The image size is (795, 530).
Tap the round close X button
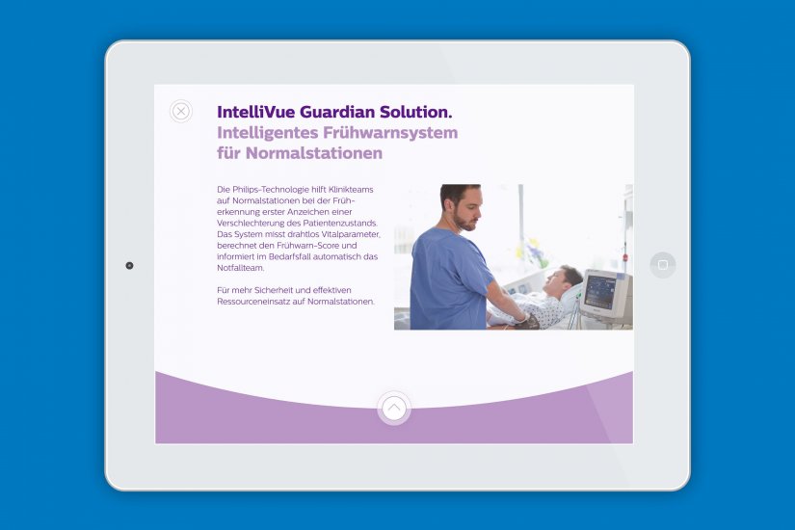181,112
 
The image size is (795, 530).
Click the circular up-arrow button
393,408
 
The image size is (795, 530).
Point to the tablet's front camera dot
129,265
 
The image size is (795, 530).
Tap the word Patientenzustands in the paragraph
332,223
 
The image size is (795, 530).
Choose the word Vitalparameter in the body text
353,234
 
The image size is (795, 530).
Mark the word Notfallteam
241,268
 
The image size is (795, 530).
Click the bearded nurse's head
461,206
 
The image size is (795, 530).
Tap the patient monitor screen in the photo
601,292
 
